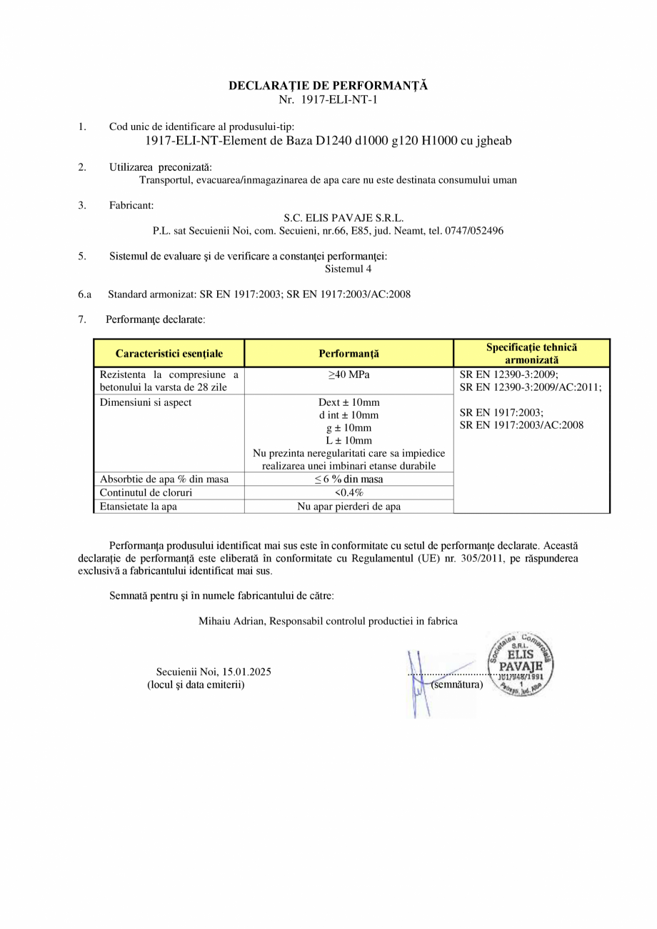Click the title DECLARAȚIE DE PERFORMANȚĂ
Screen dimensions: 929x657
328,86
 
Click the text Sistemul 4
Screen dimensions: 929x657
348,269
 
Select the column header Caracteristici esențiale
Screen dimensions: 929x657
169,354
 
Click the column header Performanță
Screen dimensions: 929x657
348,354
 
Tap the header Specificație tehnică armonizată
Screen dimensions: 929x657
531,354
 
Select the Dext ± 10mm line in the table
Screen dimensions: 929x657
348,402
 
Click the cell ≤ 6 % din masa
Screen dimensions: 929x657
348,480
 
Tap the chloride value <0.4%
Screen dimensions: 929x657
348,493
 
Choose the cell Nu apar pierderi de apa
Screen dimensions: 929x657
348,507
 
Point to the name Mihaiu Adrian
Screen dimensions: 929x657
232,622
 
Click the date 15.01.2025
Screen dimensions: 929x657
246,672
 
